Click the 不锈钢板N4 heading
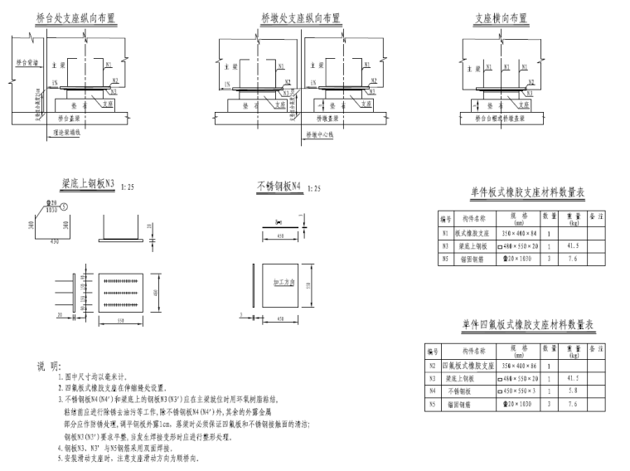279,188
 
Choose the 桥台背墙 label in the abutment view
26,61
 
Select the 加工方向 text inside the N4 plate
284,282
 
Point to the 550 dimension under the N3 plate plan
120,319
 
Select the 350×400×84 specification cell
519,234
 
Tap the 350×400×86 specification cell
519,366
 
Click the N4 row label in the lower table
432,391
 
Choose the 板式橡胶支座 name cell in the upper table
472,234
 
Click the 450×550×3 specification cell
519,391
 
